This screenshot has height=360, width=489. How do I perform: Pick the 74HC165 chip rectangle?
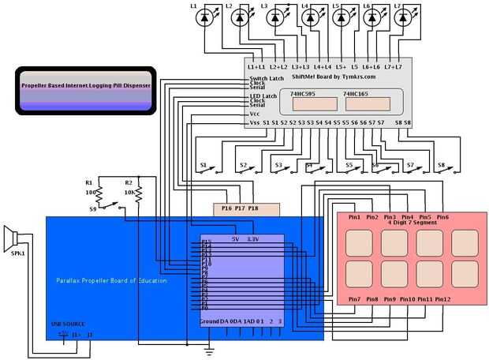pyautogui.click(x=367, y=103)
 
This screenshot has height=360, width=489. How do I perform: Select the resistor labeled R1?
pyautogui.click(x=98, y=192)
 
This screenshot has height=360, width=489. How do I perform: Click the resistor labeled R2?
pyautogui.click(x=139, y=192)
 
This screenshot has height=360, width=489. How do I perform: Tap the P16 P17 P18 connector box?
pyautogui.click(x=247, y=209)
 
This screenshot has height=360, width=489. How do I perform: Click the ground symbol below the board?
pyautogui.click(x=208, y=347)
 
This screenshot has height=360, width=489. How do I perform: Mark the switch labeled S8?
pyautogui.click(x=445, y=167)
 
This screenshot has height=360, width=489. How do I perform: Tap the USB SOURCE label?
pyautogui.click(x=68, y=324)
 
